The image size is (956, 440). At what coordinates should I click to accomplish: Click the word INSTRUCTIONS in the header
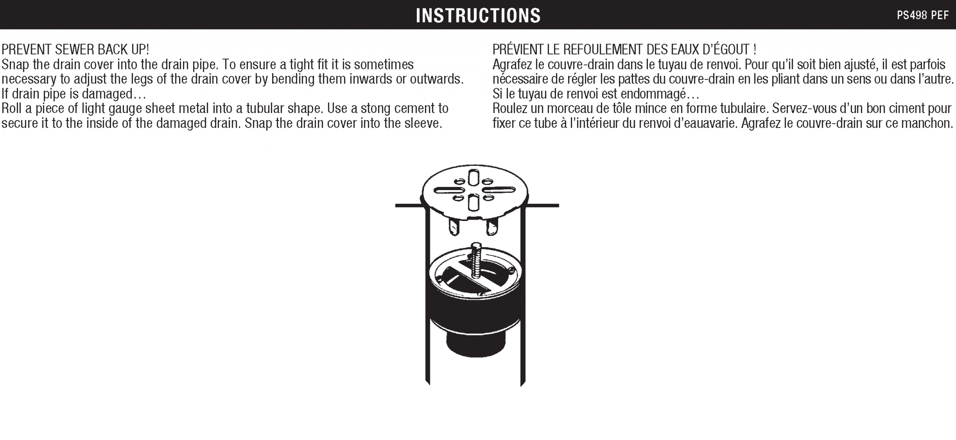(478, 15)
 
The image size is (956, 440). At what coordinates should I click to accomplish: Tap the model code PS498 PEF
(922, 15)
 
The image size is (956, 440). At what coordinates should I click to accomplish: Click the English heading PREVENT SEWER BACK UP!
(75, 50)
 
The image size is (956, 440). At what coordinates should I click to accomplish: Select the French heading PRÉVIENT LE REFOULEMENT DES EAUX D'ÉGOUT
(625, 49)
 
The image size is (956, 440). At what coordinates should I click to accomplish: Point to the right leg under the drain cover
(492, 227)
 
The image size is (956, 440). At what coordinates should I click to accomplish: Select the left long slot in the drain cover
(448, 191)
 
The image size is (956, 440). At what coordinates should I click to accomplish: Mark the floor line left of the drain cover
(409, 205)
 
